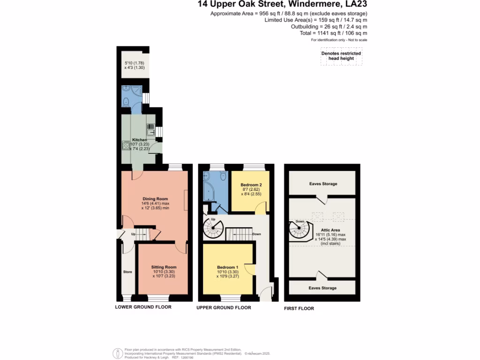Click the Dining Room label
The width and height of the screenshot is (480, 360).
(155, 199)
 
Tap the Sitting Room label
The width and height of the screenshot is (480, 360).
(164, 267)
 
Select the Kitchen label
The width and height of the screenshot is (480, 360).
(139, 140)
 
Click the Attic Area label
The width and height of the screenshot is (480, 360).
(334, 230)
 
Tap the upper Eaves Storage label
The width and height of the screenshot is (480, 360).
(323, 184)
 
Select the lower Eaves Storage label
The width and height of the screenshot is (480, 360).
(322, 288)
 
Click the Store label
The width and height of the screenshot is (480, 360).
(127, 272)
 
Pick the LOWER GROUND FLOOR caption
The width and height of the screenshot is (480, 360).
(143, 307)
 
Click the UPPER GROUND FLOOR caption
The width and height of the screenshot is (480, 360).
(224, 308)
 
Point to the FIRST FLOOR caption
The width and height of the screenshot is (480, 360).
(299, 308)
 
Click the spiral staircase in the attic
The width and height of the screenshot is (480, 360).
(300, 230)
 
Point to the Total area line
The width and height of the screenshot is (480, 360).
(336, 33)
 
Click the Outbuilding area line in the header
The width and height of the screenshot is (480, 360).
(329, 27)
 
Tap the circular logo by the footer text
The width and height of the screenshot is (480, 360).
(118, 353)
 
